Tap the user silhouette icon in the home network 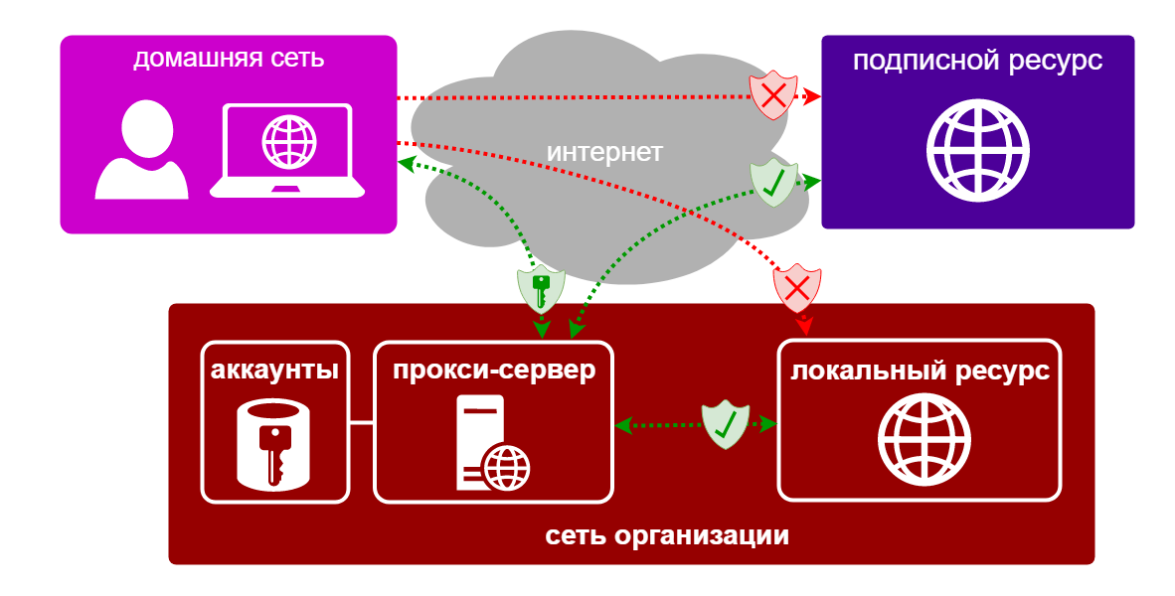141,151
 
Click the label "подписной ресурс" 977,61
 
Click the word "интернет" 604,152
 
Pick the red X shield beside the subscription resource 773,96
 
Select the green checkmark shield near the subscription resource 773,183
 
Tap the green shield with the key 542,289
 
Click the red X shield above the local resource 797,289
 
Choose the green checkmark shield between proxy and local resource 726,424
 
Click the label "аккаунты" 275,372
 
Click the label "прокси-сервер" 493,372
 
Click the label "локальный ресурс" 920,372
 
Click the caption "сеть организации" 667,536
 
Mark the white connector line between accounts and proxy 362,423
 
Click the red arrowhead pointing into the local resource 806,326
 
